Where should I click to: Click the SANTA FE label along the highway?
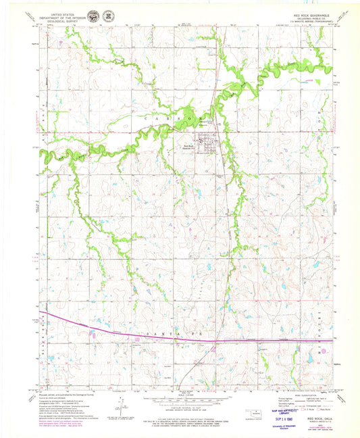(161, 334)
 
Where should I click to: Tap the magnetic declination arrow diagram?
(122, 404)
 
